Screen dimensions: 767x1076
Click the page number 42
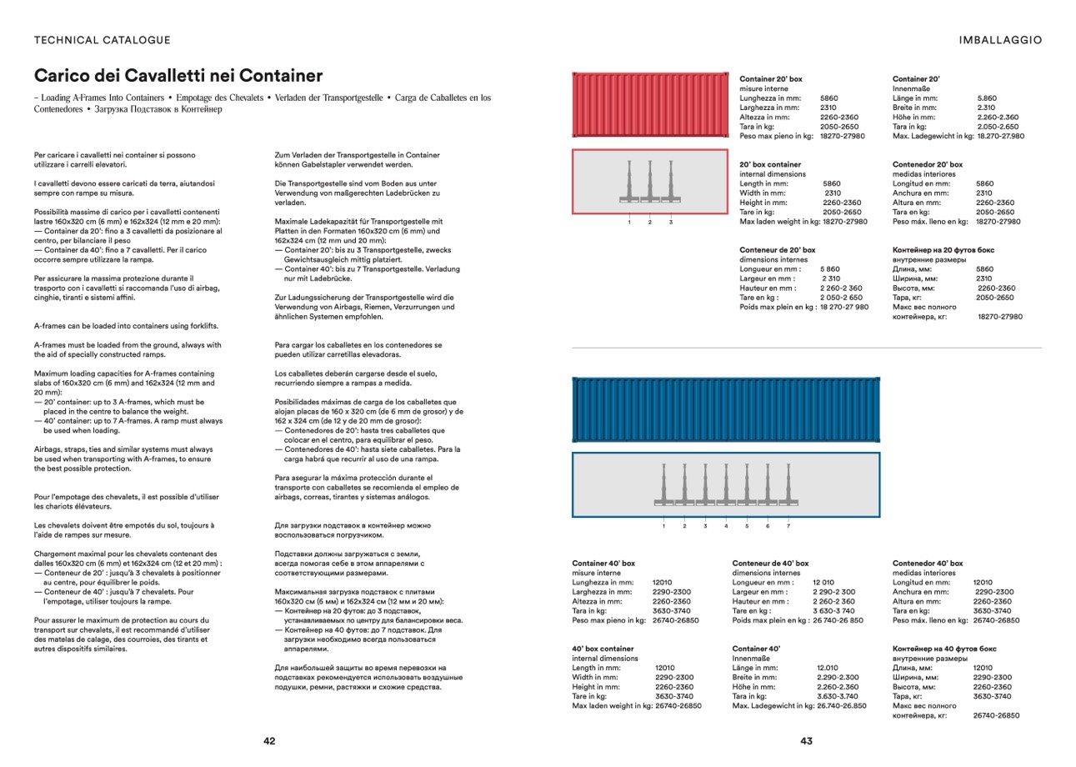tap(269, 741)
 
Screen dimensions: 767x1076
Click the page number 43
tap(806, 741)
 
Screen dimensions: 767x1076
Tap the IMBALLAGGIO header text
tap(1000, 40)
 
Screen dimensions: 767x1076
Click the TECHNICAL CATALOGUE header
tap(102, 40)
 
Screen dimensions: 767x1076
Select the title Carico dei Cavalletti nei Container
tap(178, 76)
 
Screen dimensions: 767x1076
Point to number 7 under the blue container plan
tap(788, 526)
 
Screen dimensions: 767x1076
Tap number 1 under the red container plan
tap(629, 223)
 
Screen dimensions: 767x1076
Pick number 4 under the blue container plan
tap(726, 526)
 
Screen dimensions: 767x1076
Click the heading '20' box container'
tap(770, 165)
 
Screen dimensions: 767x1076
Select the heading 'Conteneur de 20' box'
tap(778, 249)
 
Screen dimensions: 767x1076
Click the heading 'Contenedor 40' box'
tap(927, 564)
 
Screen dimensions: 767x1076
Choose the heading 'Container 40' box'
tap(603, 564)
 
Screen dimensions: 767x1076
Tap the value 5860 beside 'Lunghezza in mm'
tap(829, 98)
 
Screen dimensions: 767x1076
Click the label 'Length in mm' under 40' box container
tap(596, 668)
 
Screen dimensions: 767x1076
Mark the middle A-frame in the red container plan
tap(650, 182)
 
